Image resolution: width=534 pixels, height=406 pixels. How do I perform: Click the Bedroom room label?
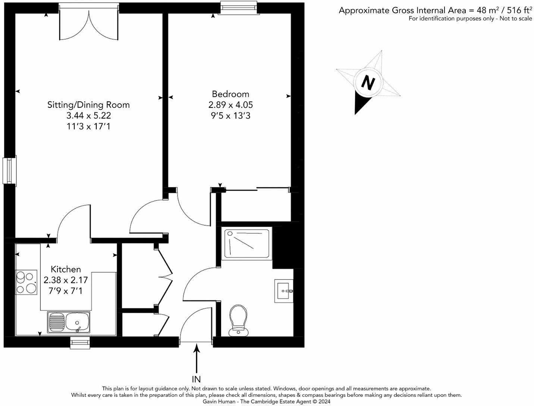coord(230,94)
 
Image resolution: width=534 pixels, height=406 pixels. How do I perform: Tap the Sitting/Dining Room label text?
coord(88,105)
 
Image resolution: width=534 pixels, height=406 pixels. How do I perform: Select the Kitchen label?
coord(66,269)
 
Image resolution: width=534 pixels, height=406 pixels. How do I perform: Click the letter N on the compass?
coord(368,83)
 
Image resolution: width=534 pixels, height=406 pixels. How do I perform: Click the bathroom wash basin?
coord(284,290)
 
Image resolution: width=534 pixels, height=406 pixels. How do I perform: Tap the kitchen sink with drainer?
coord(69,322)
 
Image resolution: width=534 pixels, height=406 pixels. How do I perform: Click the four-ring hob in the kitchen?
coord(26,282)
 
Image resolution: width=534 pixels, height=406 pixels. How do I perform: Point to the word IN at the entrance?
coord(196,380)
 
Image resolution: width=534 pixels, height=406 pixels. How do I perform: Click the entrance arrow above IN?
coord(197,358)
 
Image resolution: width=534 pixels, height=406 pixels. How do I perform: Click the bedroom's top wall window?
coord(238,8)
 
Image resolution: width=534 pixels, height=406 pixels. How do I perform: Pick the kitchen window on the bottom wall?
coord(80,343)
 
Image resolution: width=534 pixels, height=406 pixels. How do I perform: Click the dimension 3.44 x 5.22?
coord(88,116)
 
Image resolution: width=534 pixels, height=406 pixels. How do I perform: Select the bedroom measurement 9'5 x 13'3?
coord(230,116)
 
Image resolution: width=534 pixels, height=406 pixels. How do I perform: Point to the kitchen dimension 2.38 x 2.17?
coord(66,280)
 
